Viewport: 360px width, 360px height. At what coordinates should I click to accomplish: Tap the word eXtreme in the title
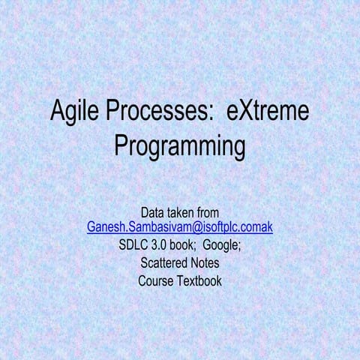click(x=267, y=114)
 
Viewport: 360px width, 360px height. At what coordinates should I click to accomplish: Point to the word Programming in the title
click(x=180, y=145)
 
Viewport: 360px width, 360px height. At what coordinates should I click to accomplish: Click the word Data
click(x=154, y=213)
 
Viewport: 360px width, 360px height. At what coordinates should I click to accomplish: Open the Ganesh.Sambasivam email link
click(x=180, y=227)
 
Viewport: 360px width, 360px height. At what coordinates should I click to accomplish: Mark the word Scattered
click(x=163, y=263)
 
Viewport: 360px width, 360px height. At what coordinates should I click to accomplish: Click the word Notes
click(x=202, y=263)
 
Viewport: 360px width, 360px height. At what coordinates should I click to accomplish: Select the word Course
click(x=155, y=281)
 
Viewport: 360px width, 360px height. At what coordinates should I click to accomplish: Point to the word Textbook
click(x=198, y=281)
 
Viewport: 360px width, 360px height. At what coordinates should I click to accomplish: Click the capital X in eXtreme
click(x=244, y=114)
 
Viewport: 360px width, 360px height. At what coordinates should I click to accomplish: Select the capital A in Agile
click(x=58, y=114)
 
